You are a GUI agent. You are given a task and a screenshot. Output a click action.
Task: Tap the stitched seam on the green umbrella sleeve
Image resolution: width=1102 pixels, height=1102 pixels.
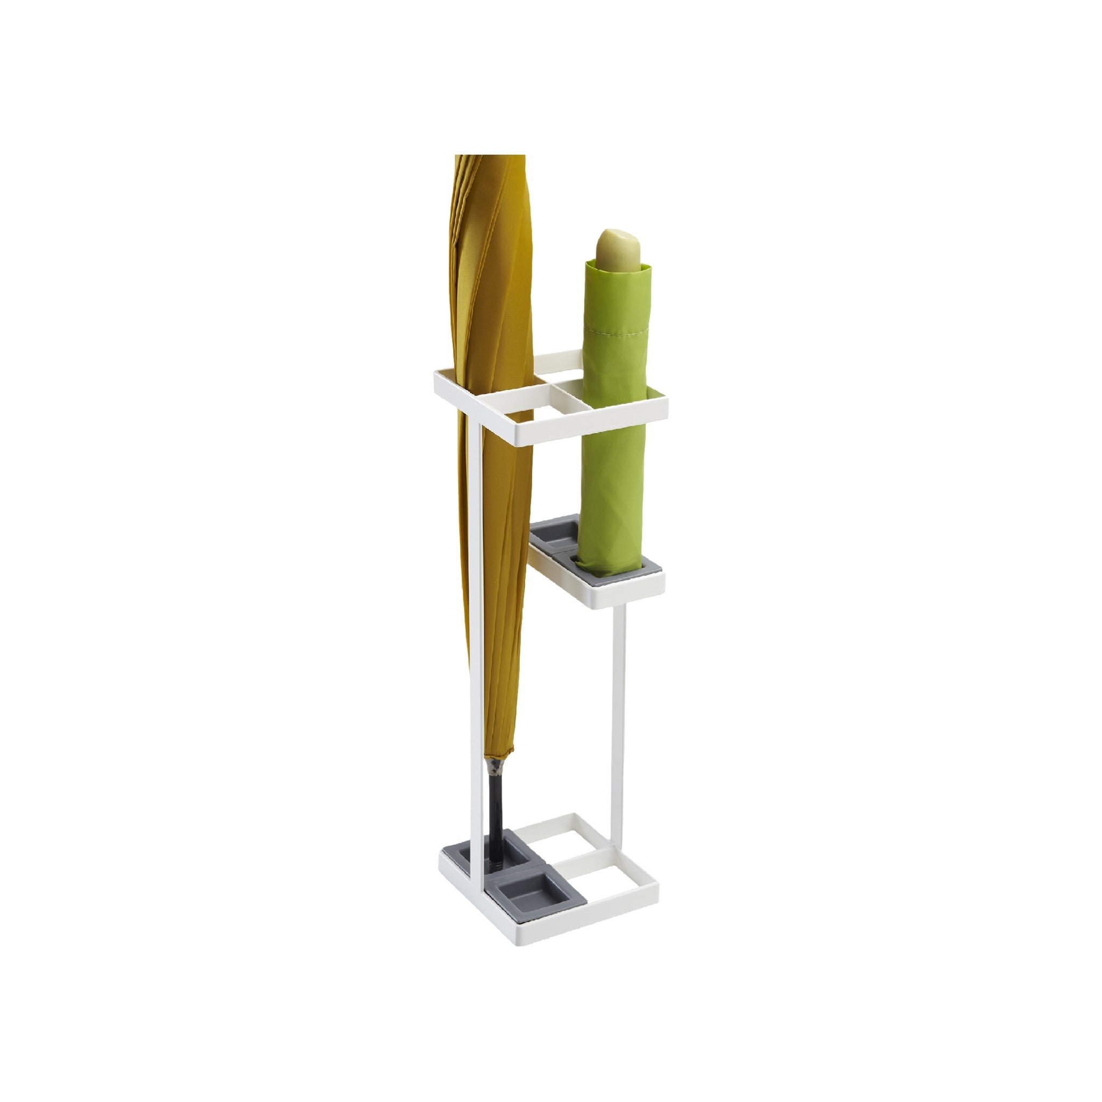pyautogui.click(x=616, y=330)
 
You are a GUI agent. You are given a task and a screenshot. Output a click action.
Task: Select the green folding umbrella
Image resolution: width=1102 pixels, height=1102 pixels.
pyautogui.click(x=614, y=434)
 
